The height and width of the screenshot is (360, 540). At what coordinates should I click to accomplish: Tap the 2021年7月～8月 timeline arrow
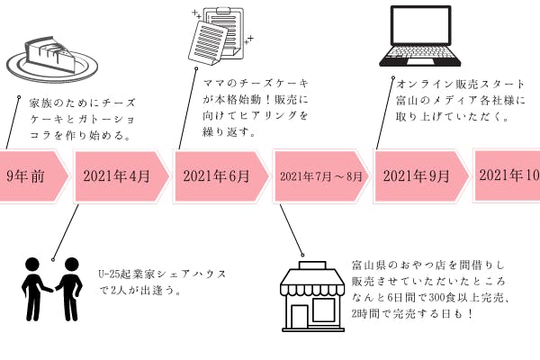(x=320, y=175)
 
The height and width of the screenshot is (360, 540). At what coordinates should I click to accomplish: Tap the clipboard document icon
(x=217, y=36)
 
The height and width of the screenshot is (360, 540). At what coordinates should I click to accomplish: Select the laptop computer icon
(x=428, y=36)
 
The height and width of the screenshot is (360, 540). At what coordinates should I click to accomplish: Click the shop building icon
(x=310, y=298)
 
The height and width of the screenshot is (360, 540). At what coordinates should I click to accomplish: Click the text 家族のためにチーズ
(x=76, y=103)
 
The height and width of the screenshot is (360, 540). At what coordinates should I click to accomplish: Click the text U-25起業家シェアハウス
(x=162, y=274)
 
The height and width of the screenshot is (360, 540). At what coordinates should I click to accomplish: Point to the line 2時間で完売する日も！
(x=415, y=313)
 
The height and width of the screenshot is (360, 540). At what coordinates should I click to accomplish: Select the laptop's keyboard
(x=428, y=58)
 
